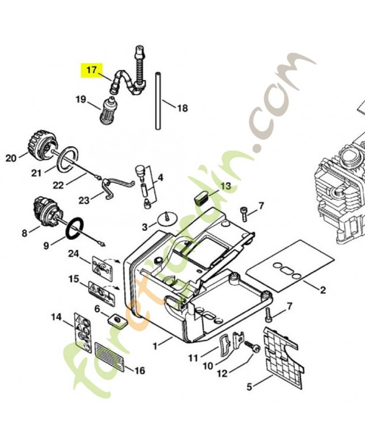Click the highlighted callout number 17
click(92, 69)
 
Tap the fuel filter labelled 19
click(107, 109)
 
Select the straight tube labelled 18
click(158, 101)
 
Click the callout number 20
click(11, 158)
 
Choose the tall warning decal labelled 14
click(83, 332)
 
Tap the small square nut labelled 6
click(118, 320)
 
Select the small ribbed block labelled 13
click(202, 198)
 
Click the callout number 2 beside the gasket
click(322, 290)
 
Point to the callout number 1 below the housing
click(155, 346)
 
